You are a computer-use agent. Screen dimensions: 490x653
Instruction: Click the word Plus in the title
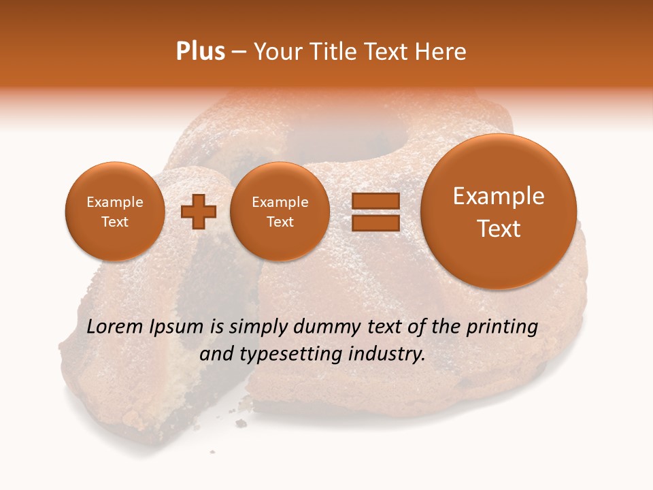pyautogui.click(x=200, y=52)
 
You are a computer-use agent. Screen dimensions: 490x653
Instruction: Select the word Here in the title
pyautogui.click(x=442, y=52)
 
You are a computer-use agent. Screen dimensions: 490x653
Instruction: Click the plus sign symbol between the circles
pyautogui.click(x=199, y=212)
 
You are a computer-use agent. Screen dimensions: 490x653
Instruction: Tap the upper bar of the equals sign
pyautogui.click(x=375, y=201)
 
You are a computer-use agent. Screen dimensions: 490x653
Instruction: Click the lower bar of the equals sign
pyautogui.click(x=375, y=223)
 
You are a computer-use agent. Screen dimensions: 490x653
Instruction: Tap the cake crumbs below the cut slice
pyautogui.click(x=241, y=423)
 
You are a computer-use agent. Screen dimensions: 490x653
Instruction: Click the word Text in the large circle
pyautogui.click(x=499, y=229)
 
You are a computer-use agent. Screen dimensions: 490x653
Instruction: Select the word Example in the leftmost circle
pyautogui.click(x=114, y=202)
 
